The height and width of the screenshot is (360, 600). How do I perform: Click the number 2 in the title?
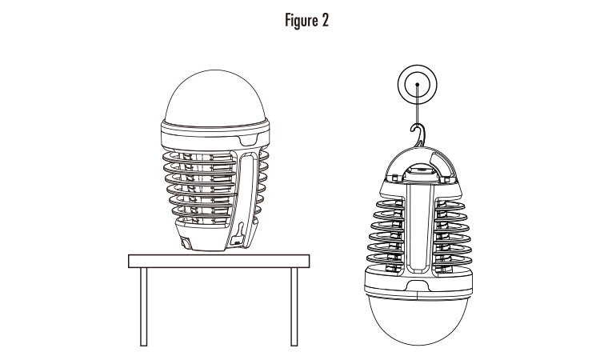coord(326,20)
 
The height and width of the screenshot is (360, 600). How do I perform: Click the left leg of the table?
coord(143,307)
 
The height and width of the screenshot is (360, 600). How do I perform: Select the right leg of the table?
coord(294,307)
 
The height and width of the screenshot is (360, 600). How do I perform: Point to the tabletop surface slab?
coord(219,262)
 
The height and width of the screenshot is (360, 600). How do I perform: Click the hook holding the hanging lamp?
coord(418,134)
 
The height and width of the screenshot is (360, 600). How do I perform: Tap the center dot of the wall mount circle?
coord(418,85)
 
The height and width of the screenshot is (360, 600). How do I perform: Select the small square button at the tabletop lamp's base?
coord(186,243)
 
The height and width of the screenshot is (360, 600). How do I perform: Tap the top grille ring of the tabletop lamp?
coord(199,157)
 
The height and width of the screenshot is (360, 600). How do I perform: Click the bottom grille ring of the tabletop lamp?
coord(201,219)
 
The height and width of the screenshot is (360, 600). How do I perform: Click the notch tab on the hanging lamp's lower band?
coord(418,286)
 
